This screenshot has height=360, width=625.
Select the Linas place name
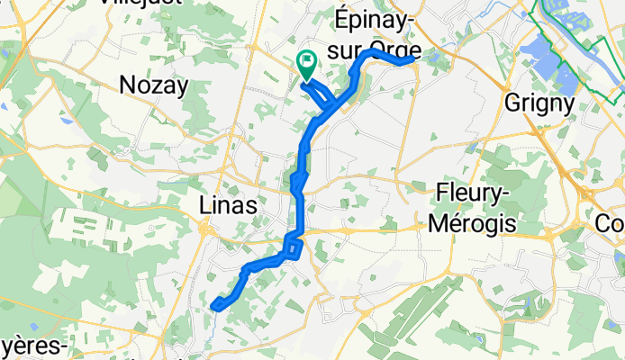click(x=227, y=206)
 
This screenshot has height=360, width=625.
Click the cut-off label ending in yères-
click(x=33, y=347)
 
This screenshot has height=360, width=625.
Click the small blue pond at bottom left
click(x=33, y=326)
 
